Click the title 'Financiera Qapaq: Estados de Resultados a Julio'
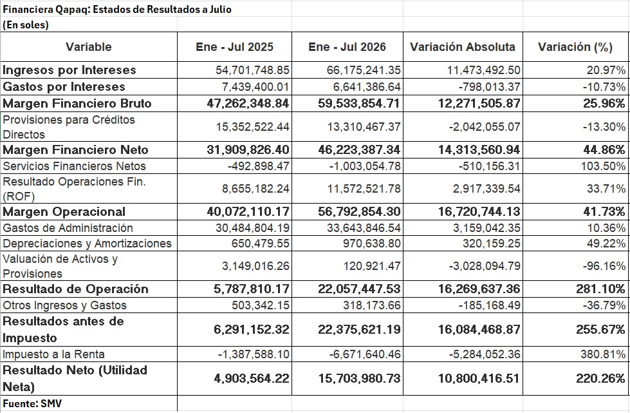pos(117,9)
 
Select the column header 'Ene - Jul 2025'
pos(235,47)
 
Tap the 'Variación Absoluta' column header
pos(463,47)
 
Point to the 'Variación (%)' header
pos(575,48)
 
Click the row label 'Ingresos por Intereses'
pos(69,70)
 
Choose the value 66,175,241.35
pos(364,70)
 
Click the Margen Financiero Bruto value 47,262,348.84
pos(248,104)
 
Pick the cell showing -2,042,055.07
pos(485,127)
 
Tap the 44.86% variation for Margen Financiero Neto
pos(604,150)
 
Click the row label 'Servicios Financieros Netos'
pos(75,166)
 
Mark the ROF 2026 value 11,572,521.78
pos(364,189)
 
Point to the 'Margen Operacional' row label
pos(64,212)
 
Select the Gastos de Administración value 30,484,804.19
pos(252,228)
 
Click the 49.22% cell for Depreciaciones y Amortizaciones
pos(606,244)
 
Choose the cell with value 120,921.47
pos(372,266)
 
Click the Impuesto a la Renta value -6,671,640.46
pos(365,354)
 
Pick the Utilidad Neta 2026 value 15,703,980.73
pos(360,378)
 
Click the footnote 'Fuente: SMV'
pos(32,403)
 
